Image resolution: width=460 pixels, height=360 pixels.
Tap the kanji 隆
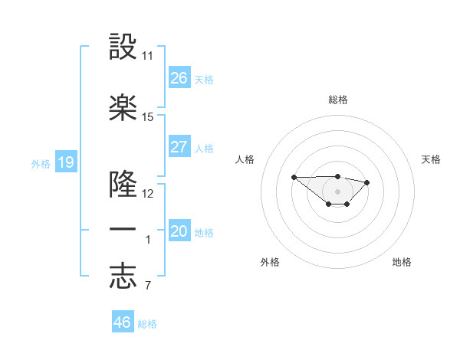point(123,184)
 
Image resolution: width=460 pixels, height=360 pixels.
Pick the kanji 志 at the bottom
point(123,277)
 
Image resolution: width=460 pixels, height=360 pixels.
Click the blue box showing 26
point(179,78)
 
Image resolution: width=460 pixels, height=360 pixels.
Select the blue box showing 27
point(179,147)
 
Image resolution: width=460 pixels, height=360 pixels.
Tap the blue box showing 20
point(179,231)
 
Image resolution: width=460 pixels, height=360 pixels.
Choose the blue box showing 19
point(66,162)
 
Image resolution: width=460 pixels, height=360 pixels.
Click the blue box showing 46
point(123,322)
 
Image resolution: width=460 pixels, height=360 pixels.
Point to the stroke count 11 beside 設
point(148,56)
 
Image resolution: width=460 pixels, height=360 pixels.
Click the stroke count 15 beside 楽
point(148,117)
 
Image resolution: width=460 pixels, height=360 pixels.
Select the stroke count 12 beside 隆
point(148,194)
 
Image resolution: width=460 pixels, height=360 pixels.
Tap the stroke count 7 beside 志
point(147,286)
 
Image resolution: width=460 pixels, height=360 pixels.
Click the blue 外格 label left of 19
point(40,163)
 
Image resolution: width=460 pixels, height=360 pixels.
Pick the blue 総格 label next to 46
point(147,324)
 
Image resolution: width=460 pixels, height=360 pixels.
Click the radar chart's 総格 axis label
point(337,100)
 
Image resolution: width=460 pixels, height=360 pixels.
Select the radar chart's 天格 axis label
point(432,159)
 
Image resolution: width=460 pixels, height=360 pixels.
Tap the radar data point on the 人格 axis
point(294,177)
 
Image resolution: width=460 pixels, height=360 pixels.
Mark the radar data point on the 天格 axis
point(366,182)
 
